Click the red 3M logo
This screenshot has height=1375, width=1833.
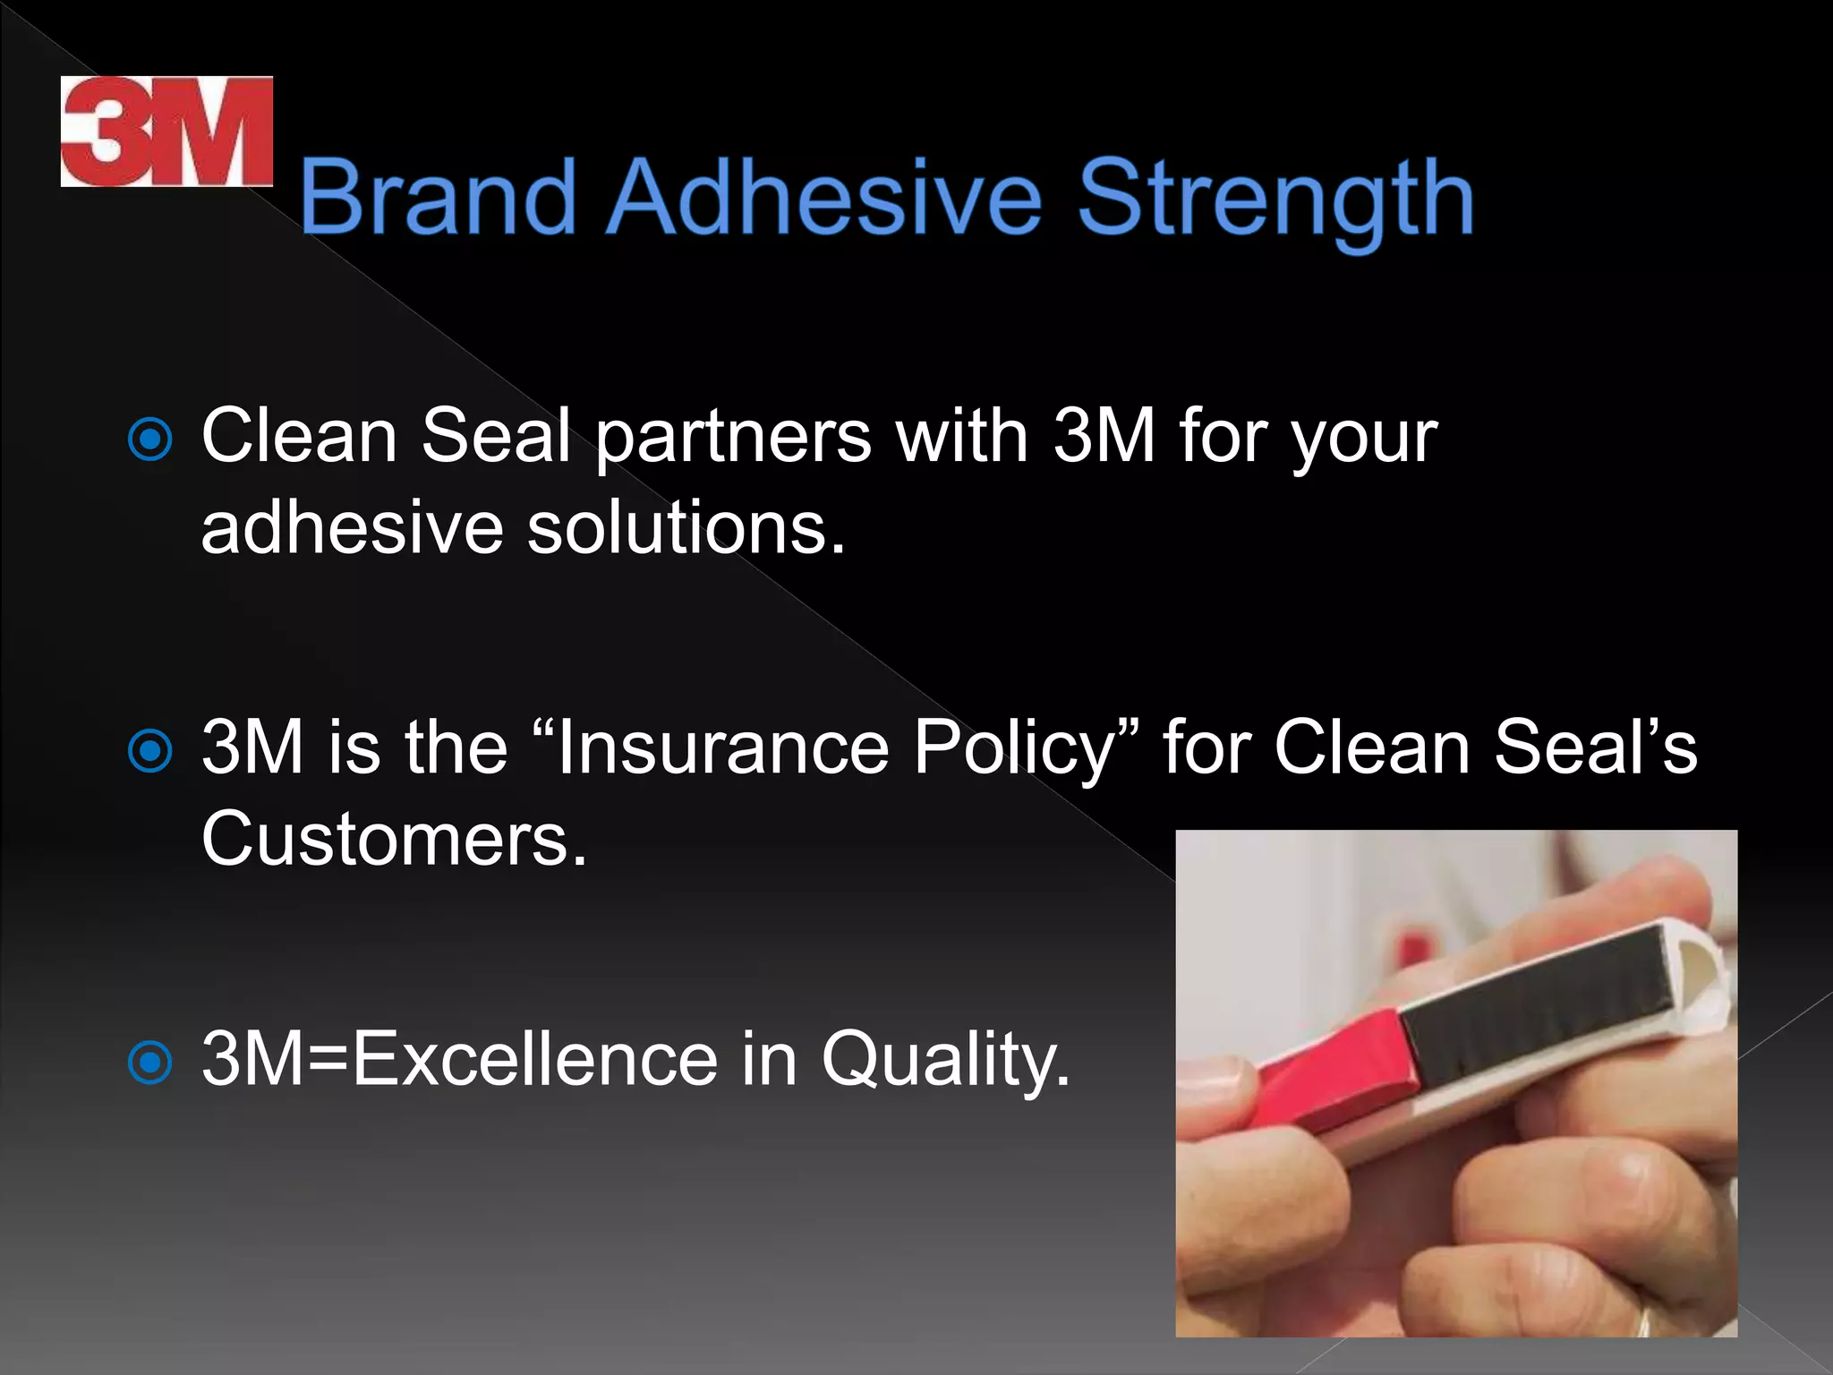[x=166, y=132]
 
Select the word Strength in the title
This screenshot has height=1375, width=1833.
[x=1275, y=201]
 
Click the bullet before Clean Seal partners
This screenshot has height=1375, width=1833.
[x=149, y=440]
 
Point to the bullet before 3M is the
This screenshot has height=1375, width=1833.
[x=149, y=751]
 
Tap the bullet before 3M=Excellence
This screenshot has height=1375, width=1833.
[x=149, y=1063]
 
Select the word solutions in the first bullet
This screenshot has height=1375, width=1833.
[x=685, y=528]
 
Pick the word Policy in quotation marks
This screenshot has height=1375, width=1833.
[x=1015, y=750]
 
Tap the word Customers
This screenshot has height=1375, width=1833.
[x=394, y=839]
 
